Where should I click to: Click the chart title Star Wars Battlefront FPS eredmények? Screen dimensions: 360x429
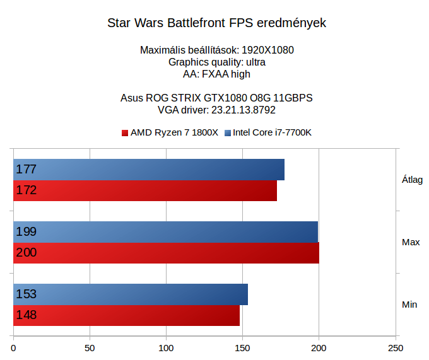click(216, 24)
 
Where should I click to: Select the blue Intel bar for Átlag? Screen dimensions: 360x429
click(149, 170)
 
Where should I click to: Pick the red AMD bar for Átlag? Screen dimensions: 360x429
click(145, 190)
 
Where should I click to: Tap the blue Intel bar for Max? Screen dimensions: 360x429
click(165, 232)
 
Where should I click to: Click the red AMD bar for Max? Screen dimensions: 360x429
click(166, 253)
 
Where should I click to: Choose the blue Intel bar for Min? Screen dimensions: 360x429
click(131, 294)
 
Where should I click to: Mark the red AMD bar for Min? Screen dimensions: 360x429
click(127, 315)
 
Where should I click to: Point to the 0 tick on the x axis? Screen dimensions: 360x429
click(14, 348)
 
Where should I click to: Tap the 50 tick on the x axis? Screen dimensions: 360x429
click(90, 348)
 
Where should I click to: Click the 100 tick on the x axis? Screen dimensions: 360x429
click(167, 348)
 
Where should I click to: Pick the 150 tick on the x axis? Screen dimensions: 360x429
click(243, 348)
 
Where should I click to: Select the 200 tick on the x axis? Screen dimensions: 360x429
click(319, 348)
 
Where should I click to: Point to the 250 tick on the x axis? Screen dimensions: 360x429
click(396, 348)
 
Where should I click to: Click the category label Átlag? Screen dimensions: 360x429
click(412, 180)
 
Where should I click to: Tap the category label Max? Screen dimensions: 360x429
click(411, 242)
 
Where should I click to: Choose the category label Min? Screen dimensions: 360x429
click(409, 305)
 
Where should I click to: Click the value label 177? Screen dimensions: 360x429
click(26, 170)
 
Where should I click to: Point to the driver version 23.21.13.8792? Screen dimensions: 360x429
click(239, 110)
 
